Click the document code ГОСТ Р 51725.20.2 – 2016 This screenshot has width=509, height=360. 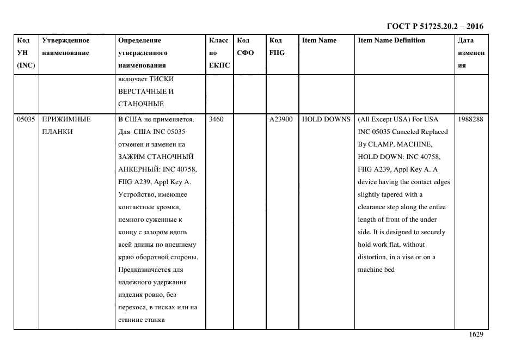[x=434, y=26]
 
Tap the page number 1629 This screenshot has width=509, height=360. [x=476, y=335]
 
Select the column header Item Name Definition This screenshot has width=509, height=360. [x=391, y=40]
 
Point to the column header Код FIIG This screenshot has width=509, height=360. [x=277, y=46]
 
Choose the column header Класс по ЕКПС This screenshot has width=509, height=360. [x=219, y=53]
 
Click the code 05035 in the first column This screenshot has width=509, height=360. [x=26, y=119]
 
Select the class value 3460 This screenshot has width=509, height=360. [x=216, y=119]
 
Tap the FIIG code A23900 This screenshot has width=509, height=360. [x=281, y=119]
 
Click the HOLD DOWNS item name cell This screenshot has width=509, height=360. [x=326, y=119]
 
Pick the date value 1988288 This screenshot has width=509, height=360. [x=470, y=119]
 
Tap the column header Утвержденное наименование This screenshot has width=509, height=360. [x=66, y=46]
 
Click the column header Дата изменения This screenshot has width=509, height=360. [x=470, y=53]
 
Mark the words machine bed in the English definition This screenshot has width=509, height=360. [x=376, y=270]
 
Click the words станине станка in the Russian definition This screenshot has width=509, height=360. [x=142, y=320]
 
